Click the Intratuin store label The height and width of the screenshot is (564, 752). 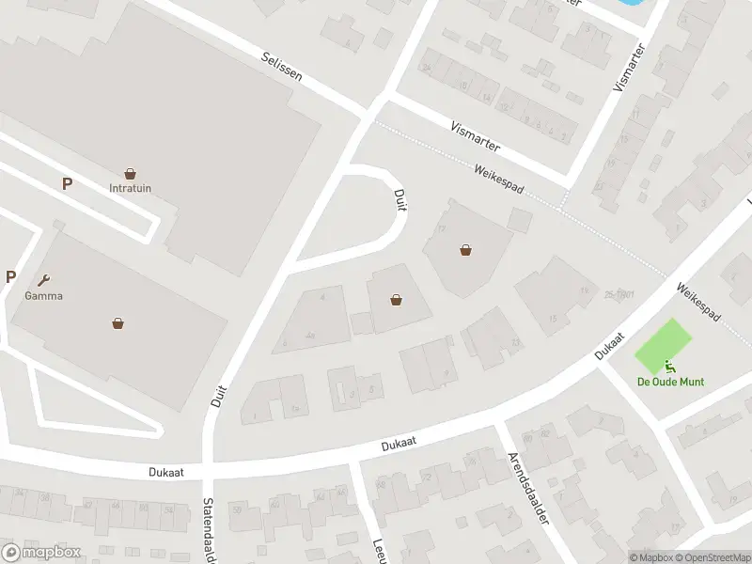130,188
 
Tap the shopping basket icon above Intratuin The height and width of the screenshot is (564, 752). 130,174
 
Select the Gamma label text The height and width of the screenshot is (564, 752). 43,295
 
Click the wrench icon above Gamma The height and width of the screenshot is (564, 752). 43,279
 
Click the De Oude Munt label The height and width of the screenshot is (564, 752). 670,382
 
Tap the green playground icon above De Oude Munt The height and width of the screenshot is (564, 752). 670,367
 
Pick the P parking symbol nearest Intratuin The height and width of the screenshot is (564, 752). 67,184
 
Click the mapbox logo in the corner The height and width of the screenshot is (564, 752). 40,552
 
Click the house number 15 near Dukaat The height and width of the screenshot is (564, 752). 553,320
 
